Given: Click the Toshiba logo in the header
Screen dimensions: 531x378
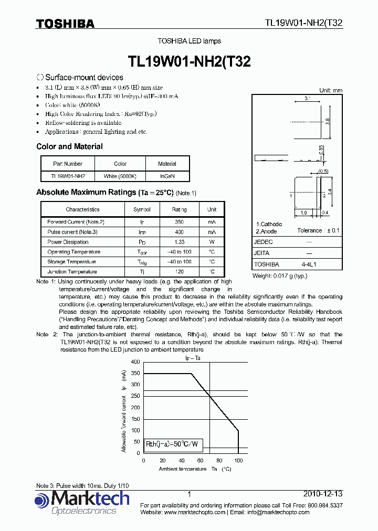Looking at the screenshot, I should [65, 24].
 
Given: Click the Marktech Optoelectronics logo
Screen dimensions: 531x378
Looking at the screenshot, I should [82, 502].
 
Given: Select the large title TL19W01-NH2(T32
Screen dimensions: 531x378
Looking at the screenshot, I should [189, 61].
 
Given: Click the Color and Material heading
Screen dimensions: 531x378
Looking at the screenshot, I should [69, 146].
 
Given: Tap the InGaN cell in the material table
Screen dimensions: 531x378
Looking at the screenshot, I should [167, 177].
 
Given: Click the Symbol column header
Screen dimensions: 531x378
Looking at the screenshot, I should [142, 209].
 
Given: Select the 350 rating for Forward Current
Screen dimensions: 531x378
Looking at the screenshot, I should [179, 222].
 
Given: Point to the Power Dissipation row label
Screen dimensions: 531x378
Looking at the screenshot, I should [68, 242].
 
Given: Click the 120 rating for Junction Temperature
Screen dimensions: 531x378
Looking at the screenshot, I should [179, 272].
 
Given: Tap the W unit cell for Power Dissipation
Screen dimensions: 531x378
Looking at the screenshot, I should [212, 242].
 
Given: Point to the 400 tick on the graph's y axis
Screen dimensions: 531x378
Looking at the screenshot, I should [135, 362].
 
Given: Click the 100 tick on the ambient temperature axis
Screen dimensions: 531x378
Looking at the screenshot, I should [238, 460].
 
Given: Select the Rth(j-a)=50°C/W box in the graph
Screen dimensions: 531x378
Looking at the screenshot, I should [175, 444].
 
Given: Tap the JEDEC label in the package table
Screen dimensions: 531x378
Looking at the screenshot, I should [263, 242].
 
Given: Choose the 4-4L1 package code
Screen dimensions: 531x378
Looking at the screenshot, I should [309, 264].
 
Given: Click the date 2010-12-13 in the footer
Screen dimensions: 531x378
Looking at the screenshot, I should [323, 494].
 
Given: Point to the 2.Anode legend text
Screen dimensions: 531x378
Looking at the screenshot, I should [267, 231].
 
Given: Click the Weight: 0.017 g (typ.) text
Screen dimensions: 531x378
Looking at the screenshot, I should [280, 275].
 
